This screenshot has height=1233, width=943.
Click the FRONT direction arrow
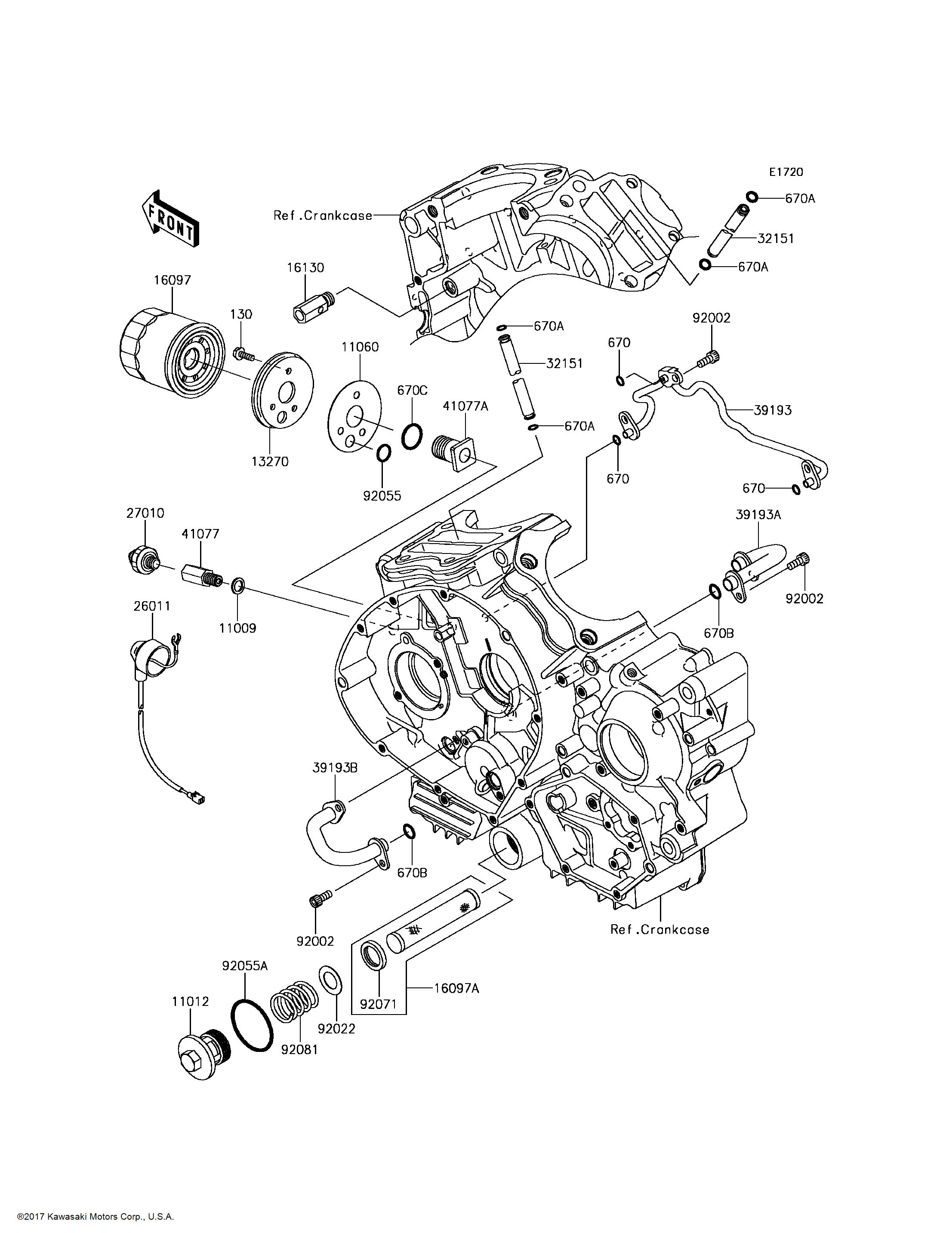[x=170, y=219]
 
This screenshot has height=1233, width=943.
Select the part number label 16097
[x=173, y=280]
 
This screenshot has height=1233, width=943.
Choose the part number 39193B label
[x=335, y=768]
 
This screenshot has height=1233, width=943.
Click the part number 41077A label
[x=465, y=406]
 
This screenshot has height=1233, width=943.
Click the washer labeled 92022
[x=331, y=979]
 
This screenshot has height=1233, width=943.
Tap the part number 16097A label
[x=456, y=988]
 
